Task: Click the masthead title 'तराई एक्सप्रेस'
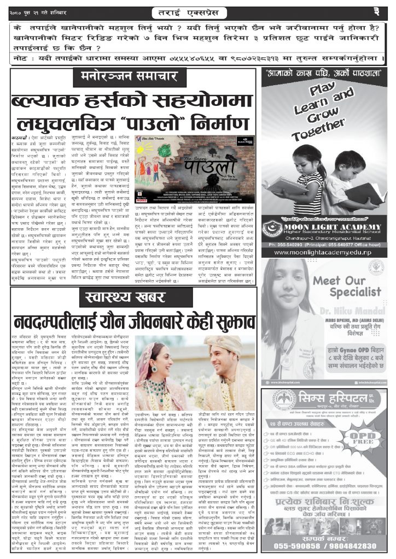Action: click(x=199, y=11)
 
